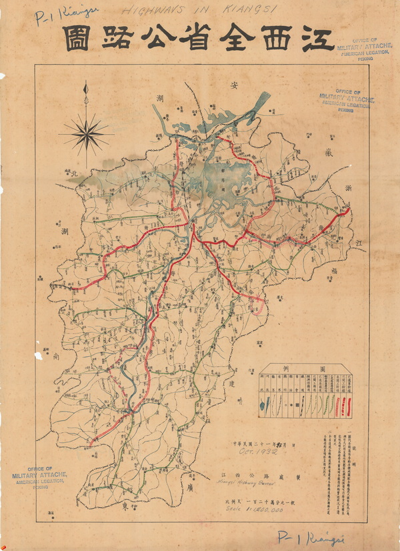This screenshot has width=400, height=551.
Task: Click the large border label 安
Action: tap(235, 85)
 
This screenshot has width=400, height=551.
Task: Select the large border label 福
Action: tap(331, 270)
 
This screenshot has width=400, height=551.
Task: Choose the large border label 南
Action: tap(56, 357)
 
